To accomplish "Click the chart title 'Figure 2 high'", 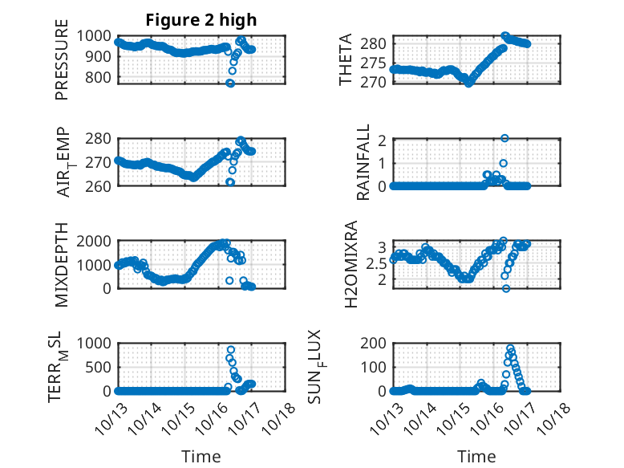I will pos(201,20).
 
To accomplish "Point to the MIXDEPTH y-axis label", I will pos(62,264).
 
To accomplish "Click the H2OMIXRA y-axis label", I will pos(350,264).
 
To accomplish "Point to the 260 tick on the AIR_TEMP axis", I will pos(103,185).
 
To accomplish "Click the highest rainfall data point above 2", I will pos(504,138).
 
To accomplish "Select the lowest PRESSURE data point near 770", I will pos(230,83).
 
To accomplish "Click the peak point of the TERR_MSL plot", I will pos(231,350).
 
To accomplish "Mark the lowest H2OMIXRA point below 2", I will pos(506,288).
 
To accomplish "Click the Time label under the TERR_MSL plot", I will pos(201,456).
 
